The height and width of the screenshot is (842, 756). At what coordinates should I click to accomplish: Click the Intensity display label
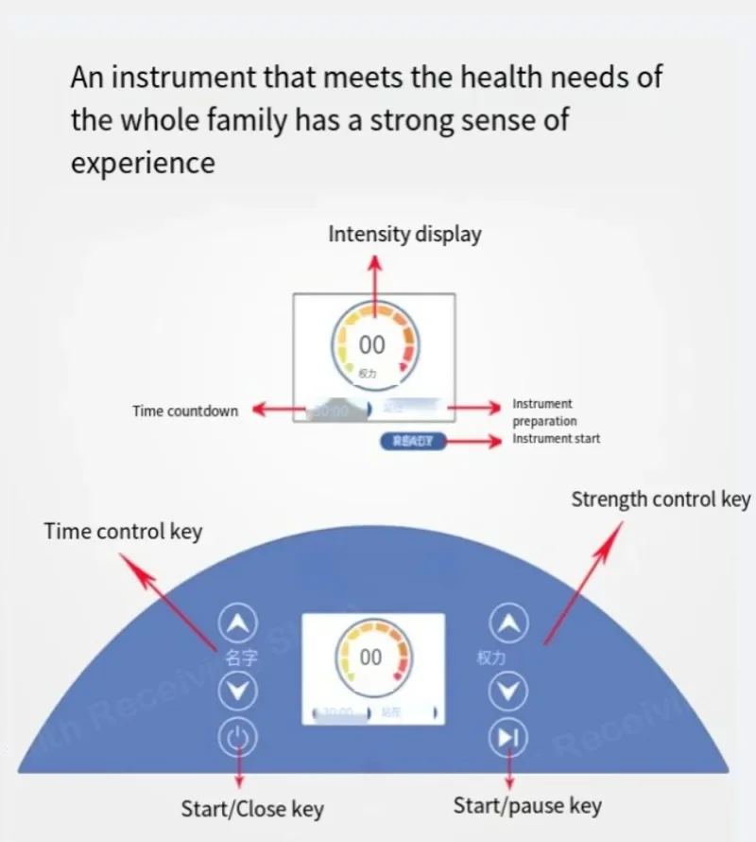[x=404, y=234]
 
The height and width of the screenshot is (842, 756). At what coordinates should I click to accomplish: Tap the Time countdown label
[x=185, y=411]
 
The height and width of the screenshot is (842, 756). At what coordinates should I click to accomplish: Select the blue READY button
[x=412, y=441]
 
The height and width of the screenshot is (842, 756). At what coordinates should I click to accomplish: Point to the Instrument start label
[x=556, y=438]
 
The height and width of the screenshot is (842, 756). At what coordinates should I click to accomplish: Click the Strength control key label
[x=660, y=499]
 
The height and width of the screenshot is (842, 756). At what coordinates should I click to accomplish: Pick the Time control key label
[x=123, y=532]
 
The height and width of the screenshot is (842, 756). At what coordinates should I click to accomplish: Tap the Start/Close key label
[x=252, y=809]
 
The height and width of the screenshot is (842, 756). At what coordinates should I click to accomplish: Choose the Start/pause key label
[x=527, y=806]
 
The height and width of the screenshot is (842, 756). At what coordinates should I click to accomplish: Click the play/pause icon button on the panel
[x=510, y=737]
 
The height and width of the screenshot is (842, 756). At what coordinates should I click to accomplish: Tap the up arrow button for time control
[x=238, y=623]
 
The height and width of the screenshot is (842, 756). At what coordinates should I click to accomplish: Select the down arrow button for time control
[x=238, y=692]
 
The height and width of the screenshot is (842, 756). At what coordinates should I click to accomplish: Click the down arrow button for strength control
[x=510, y=692]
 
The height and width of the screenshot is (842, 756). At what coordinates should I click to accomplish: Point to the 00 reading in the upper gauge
[x=372, y=345]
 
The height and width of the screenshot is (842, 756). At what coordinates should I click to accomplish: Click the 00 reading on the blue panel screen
[x=371, y=657]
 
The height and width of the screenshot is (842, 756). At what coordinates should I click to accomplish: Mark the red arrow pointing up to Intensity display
[x=375, y=284]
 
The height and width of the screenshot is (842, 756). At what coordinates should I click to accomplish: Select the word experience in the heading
[x=143, y=163]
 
